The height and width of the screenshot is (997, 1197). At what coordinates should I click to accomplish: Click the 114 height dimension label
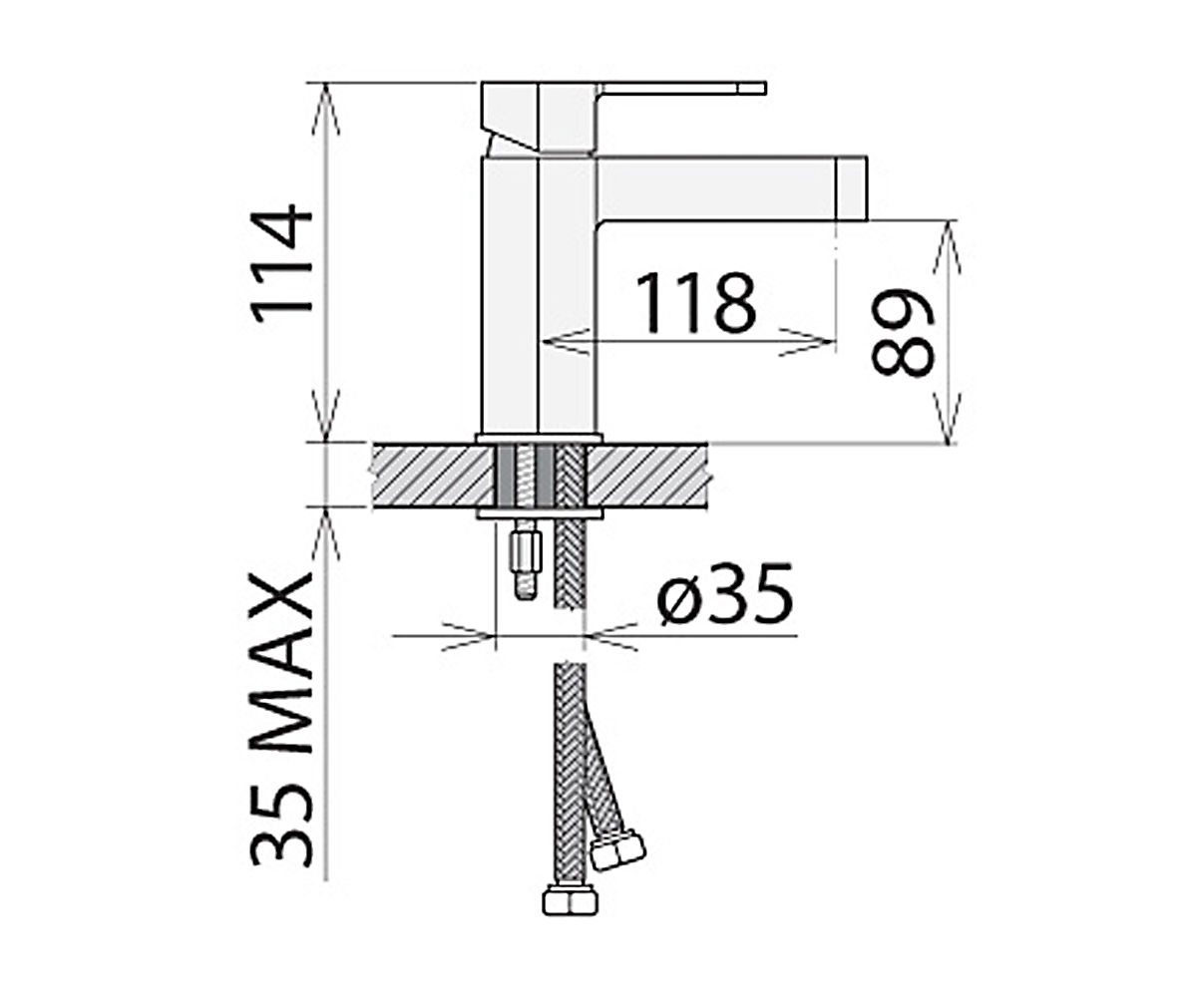point(281,258)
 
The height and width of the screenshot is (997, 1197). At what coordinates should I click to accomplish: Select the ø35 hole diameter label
point(724,593)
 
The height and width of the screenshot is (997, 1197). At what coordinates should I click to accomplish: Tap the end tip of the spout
point(867,187)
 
